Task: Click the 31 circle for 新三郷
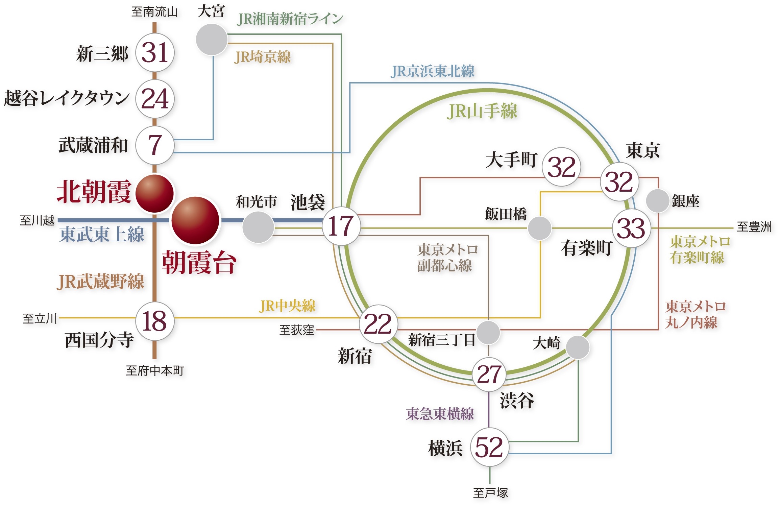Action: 155,53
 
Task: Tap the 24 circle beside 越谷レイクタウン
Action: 155,99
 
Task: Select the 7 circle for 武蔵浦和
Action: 155,145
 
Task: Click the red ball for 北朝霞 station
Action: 155,193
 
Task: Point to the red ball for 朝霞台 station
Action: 195,220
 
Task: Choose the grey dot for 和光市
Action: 258,227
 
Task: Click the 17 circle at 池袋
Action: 341,226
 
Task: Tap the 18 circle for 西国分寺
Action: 155,321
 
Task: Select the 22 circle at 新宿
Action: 378,324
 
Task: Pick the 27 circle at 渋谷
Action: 489,375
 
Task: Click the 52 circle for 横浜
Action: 489,447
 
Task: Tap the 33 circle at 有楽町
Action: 631,228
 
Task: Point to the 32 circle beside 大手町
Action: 561,167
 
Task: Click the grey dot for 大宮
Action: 212,39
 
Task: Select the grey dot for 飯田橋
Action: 540,228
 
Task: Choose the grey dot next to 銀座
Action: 657,201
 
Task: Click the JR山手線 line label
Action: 482,111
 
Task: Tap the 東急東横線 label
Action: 440,414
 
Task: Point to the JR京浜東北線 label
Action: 432,71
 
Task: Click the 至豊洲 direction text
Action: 754,227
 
